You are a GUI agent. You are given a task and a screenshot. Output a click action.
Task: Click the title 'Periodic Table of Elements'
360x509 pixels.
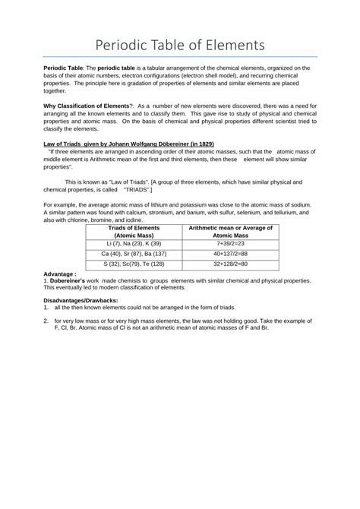pos(180,45)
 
